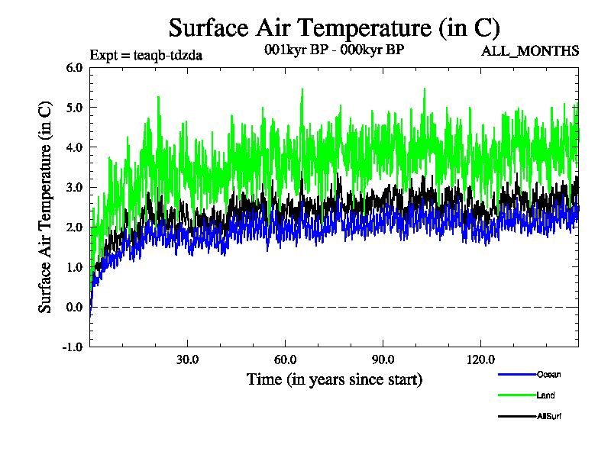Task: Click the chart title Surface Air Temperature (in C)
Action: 334,28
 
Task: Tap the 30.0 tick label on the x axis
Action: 187,360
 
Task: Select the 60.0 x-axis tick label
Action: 285,360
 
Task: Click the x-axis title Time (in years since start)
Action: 334,379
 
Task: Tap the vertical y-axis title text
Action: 46,206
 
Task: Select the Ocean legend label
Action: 548,374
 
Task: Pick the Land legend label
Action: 545,395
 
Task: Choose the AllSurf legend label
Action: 550,416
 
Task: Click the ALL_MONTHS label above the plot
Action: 529,51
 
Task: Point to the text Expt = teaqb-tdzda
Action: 145,55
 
